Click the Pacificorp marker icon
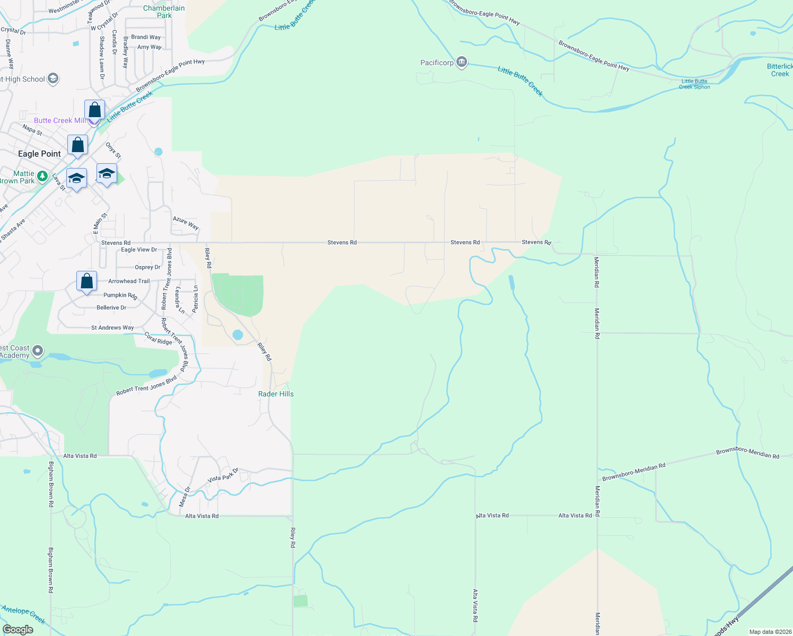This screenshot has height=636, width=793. tap(462, 63)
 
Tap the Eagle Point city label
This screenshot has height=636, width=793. tap(39, 154)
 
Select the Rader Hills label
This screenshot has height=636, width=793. tap(276, 394)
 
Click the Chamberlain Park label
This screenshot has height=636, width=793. tap(164, 12)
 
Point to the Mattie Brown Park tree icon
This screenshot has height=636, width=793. tap(42, 176)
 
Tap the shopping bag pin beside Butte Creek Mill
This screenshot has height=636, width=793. tap(94, 110)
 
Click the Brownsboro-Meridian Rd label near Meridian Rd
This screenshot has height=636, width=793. tap(633, 472)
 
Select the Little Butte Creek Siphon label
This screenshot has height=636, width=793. tap(694, 84)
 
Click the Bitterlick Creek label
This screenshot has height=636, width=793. tap(779, 70)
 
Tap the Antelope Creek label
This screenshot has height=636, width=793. tap(23, 614)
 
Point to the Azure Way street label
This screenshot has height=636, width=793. tap(186, 223)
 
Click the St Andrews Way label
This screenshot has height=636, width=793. tap(112, 328)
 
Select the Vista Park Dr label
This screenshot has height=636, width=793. tap(223, 475)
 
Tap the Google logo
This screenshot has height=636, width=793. tap(17, 630)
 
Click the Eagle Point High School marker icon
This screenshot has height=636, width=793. tap(52, 79)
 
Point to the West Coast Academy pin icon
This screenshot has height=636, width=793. tap(37, 351)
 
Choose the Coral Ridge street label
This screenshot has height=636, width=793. tap(158, 338)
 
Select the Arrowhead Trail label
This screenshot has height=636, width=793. tap(129, 281)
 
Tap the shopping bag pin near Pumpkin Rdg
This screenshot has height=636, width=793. tap(86, 281)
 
